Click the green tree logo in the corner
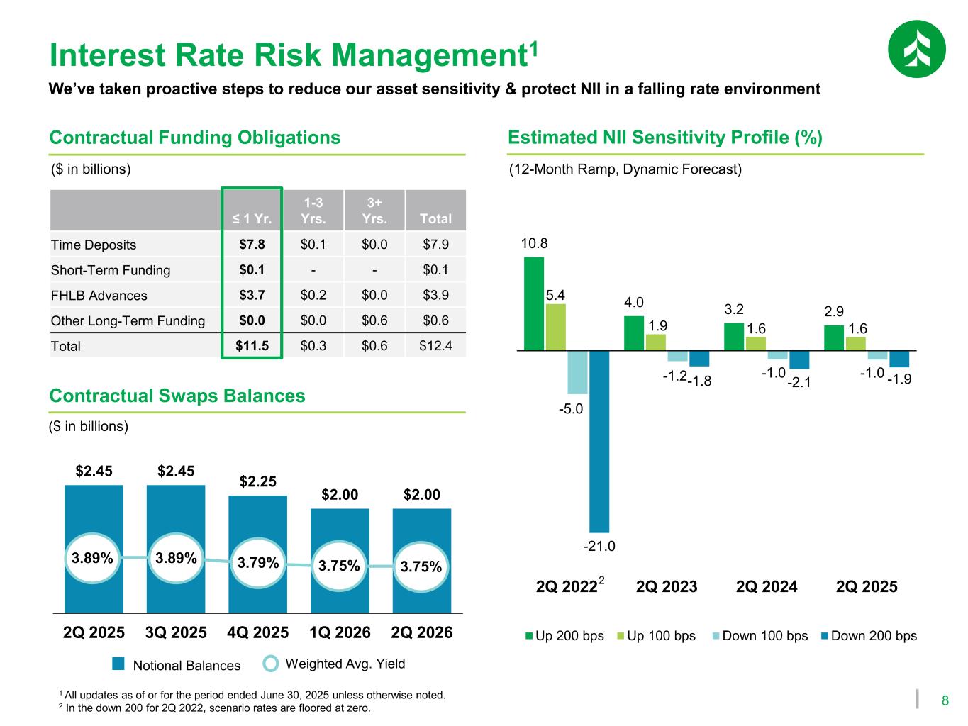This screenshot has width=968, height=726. (916, 49)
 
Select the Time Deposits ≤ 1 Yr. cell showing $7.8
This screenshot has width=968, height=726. (252, 245)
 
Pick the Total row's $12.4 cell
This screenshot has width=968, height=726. (435, 346)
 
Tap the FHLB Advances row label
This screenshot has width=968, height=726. (99, 296)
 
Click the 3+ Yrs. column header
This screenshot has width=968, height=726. (374, 211)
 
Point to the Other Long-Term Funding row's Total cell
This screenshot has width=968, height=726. (435, 320)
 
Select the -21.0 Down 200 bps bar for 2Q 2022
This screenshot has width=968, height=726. (599, 441)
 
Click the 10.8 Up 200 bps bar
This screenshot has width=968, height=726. (534, 303)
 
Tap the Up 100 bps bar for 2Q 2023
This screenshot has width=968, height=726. (656, 342)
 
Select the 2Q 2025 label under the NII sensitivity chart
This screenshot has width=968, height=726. (867, 587)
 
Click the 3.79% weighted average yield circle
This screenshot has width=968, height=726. (257, 564)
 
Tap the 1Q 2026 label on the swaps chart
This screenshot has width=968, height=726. (340, 632)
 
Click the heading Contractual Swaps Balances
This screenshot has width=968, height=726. (177, 396)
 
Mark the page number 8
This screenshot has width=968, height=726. (945, 701)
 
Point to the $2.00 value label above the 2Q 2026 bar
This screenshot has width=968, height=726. (422, 495)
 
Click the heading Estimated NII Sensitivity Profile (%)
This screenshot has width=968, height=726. (665, 138)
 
